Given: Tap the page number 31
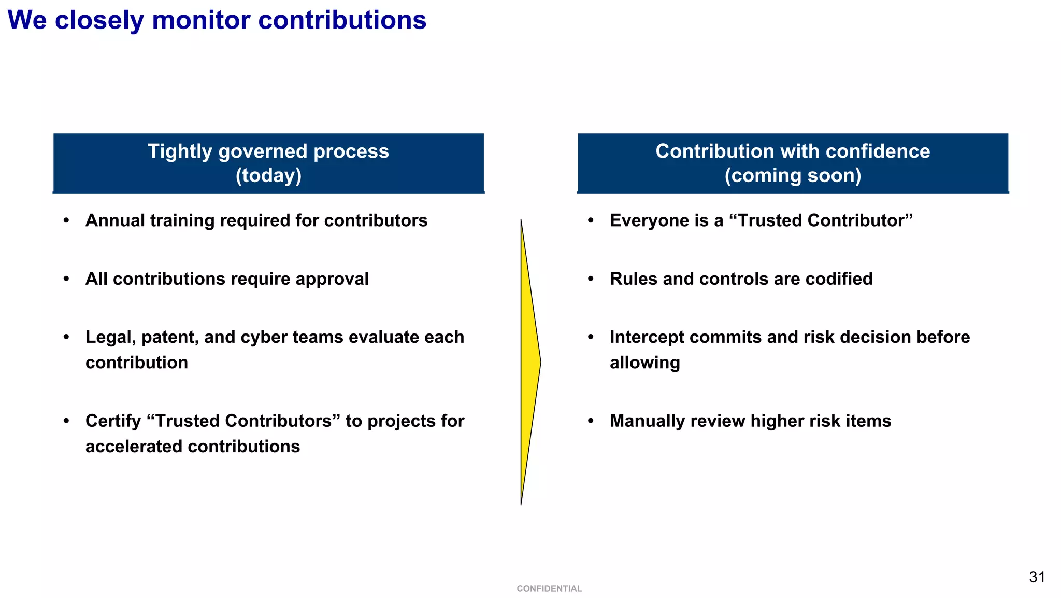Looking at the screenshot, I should (1037, 577).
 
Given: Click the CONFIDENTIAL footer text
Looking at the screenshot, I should (549, 589).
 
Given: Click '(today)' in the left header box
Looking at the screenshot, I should (268, 175).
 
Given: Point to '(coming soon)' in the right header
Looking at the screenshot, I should (793, 175).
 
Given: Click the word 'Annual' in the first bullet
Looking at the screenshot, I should (115, 220).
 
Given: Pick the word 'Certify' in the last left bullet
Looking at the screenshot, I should (113, 421).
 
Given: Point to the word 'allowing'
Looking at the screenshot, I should (644, 363).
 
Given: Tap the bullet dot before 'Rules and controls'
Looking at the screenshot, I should (591, 279).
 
